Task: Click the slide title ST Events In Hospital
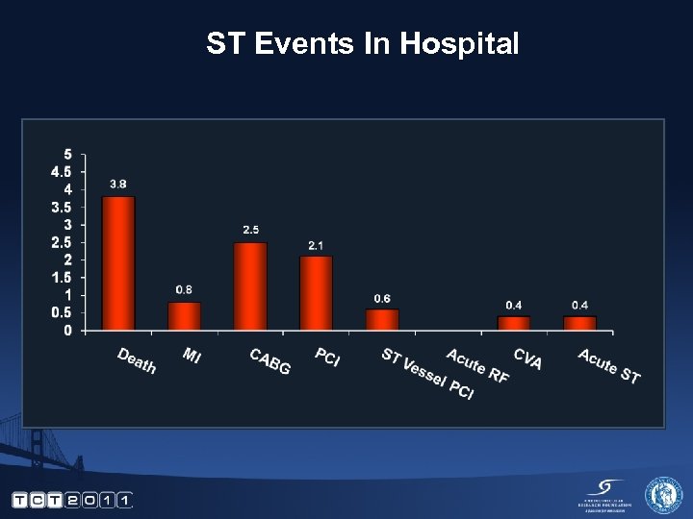click(x=362, y=43)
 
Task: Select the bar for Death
click(x=118, y=263)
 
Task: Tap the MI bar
click(x=184, y=316)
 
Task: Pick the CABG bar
click(x=250, y=286)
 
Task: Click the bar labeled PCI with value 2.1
click(x=316, y=293)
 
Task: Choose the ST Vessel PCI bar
click(x=382, y=319)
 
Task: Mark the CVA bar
click(x=514, y=323)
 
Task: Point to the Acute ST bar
click(x=579, y=323)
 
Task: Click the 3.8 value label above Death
click(x=118, y=184)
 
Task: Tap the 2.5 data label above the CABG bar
click(x=250, y=230)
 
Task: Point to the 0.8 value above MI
click(x=184, y=289)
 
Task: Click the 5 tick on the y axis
click(x=66, y=155)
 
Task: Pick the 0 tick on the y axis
click(x=66, y=330)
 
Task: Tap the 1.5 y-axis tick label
click(x=61, y=277)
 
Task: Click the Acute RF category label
click(x=477, y=367)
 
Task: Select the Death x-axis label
click(x=137, y=360)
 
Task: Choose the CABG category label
click(x=269, y=362)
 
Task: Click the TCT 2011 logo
click(x=71, y=500)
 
